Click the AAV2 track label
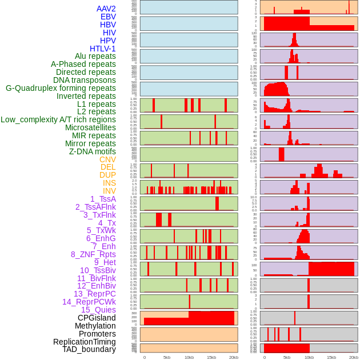pos(106,9)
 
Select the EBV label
pos(108,17)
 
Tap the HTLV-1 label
pos(102,49)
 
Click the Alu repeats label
pos(95,56)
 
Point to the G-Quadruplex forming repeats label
pos(61,88)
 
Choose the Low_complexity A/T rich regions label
pos(58,119)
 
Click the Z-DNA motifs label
pos(93,151)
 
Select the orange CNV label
pos(107,159)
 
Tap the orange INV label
pos(109,191)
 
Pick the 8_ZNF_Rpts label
pos(93,254)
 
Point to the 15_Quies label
pos(98,310)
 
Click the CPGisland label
pos(97,318)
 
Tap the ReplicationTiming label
pos(85,342)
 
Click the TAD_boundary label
pos(89,349)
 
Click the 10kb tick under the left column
pos(189,357)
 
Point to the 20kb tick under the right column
pos(354,357)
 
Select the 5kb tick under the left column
pos(167,357)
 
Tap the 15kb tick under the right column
pos(331,357)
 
